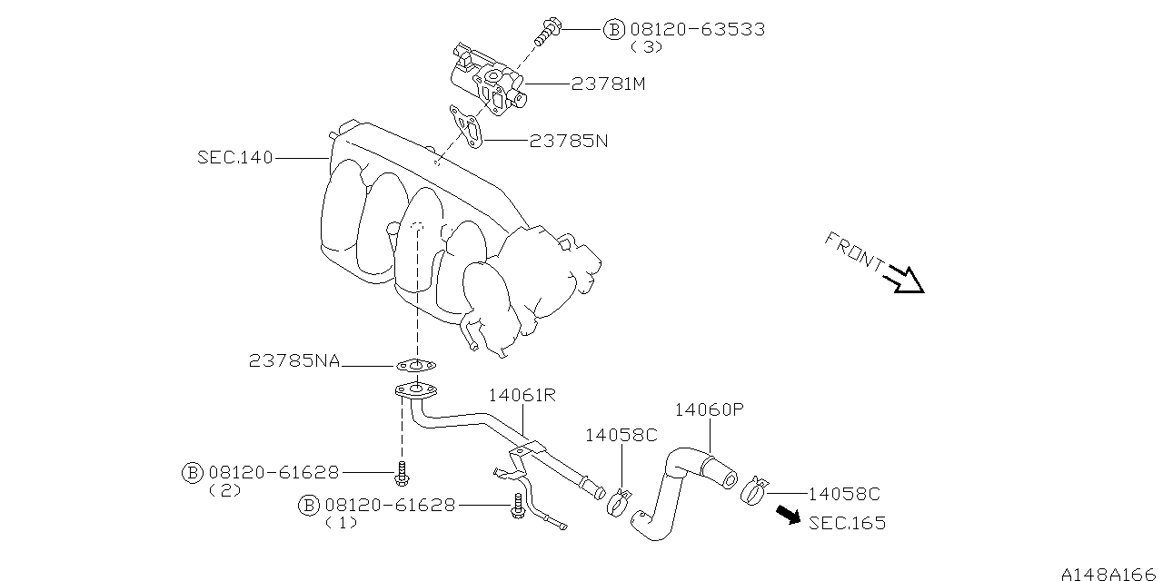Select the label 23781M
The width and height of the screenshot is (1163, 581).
608,84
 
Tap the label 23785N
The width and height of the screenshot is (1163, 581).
569,141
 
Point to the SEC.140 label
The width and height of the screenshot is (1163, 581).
234,157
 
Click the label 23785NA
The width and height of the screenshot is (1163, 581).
294,361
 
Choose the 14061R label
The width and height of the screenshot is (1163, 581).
522,395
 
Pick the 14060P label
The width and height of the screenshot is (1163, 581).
710,409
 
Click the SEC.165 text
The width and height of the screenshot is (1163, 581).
847,523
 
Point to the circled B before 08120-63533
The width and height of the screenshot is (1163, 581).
614,29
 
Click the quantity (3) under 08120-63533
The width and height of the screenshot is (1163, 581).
646,46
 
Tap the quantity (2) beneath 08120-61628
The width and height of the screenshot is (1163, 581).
224,490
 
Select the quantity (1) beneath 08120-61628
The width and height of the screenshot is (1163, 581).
341,523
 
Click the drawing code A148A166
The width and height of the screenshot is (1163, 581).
1111,573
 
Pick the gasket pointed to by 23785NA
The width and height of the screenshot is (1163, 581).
415,366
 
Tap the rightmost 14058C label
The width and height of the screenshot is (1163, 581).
844,495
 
